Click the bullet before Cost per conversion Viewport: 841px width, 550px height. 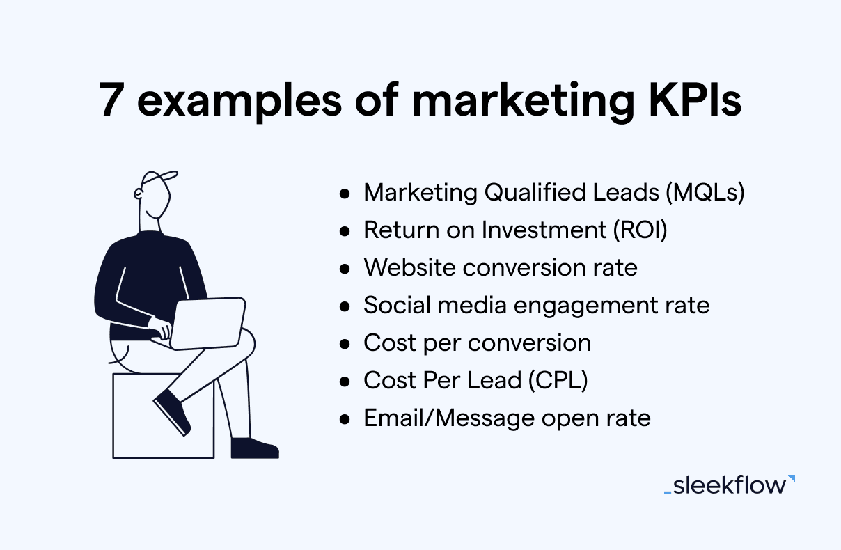(x=345, y=344)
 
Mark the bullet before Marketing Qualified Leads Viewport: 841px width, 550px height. (x=345, y=194)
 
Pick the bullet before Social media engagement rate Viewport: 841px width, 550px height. (x=345, y=306)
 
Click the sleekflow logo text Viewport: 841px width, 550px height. (x=728, y=485)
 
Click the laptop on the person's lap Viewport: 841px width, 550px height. (x=209, y=322)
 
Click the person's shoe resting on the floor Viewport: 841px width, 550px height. (x=254, y=448)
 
